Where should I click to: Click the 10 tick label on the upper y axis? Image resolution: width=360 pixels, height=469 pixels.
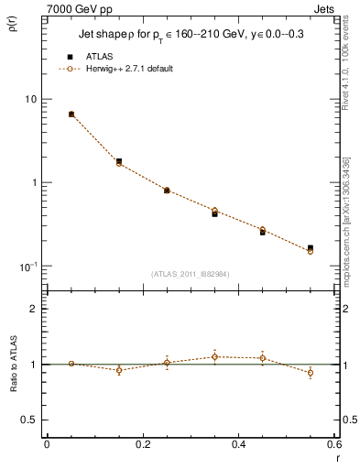pos(31,99)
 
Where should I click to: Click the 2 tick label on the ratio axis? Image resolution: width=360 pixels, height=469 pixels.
pos(34,309)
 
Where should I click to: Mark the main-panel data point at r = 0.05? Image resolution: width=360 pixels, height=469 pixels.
pos(71,115)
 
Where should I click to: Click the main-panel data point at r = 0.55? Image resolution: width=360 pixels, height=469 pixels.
pos(311,248)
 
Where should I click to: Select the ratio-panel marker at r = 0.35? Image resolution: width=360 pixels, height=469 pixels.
pos(214,356)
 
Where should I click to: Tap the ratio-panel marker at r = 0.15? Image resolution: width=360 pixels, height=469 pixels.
pos(119,370)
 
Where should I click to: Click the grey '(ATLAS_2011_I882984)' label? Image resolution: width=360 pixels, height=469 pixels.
pos(190,273)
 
